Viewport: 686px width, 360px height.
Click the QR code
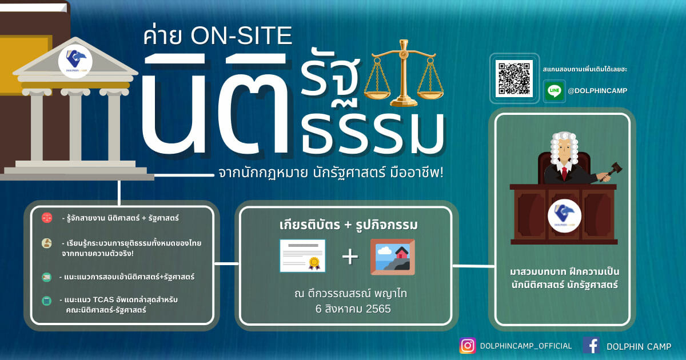(x=514, y=78)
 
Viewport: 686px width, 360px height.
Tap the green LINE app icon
(x=555, y=91)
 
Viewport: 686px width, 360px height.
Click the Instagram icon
(x=468, y=346)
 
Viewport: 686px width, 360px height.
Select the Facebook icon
(x=591, y=346)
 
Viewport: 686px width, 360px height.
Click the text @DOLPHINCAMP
(x=597, y=91)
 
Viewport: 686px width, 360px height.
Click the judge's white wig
(x=564, y=147)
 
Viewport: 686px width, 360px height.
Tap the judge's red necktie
(x=564, y=174)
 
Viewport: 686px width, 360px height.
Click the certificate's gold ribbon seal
(x=314, y=263)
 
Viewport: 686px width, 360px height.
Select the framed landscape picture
(x=393, y=257)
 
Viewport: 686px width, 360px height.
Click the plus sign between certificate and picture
(x=350, y=257)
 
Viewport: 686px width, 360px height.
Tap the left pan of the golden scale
(x=377, y=95)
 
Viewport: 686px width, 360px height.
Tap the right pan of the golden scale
(x=430, y=95)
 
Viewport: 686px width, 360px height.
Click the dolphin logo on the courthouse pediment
(x=75, y=61)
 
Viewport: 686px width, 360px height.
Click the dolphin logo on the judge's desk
(x=564, y=215)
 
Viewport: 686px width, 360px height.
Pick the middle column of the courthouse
(x=75, y=125)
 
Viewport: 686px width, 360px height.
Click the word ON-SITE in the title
(x=241, y=36)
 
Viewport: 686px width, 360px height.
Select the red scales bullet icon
(x=47, y=218)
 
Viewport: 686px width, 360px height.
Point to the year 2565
(x=378, y=309)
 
